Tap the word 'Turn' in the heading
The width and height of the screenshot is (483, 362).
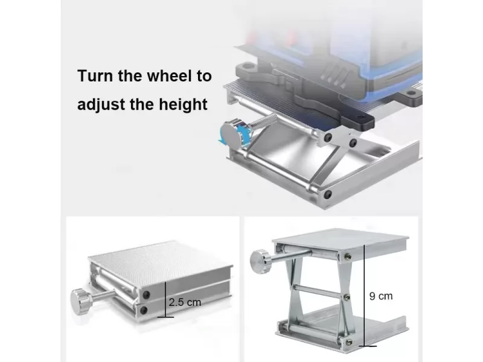click(95, 76)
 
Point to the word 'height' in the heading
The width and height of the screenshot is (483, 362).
click(183, 104)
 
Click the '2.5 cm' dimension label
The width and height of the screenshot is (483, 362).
click(185, 302)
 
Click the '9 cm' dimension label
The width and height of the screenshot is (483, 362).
click(381, 296)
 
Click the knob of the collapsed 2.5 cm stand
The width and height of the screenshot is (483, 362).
click(82, 301)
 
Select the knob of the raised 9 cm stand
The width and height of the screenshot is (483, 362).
click(261, 262)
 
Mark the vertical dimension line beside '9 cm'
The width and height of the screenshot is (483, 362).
click(364, 296)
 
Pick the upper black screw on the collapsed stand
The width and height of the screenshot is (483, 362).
click(146, 295)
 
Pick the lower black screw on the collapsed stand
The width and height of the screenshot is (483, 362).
click(144, 310)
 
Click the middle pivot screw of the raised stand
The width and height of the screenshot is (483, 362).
click(347, 297)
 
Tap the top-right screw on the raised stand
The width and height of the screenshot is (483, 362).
click(348, 256)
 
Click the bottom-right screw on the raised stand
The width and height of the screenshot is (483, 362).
click(349, 342)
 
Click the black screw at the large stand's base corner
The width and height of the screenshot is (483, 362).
click(328, 194)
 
